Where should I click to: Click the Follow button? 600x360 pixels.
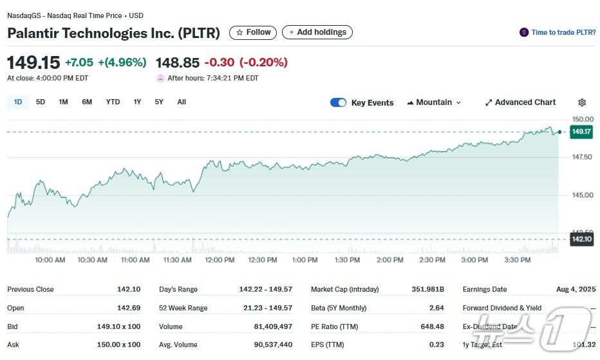(x=253, y=32)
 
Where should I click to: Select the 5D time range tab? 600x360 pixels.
(x=41, y=102)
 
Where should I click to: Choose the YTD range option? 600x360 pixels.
(x=113, y=102)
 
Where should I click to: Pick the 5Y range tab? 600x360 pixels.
(x=159, y=102)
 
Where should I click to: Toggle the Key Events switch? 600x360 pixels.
(x=338, y=102)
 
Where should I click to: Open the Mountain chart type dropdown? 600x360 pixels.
(x=434, y=102)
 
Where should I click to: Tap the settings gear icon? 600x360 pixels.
(x=582, y=102)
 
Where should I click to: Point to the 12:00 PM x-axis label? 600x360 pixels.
(x=220, y=260)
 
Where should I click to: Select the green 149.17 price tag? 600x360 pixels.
(x=581, y=131)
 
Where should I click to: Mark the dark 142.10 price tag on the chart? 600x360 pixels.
(x=581, y=239)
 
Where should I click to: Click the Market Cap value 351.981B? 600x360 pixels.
(x=428, y=289)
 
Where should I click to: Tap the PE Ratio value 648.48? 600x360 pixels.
(x=431, y=327)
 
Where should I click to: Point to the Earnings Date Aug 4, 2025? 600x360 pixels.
(x=576, y=289)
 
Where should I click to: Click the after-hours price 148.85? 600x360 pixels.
(x=178, y=62)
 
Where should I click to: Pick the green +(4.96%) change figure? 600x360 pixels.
(x=122, y=62)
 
